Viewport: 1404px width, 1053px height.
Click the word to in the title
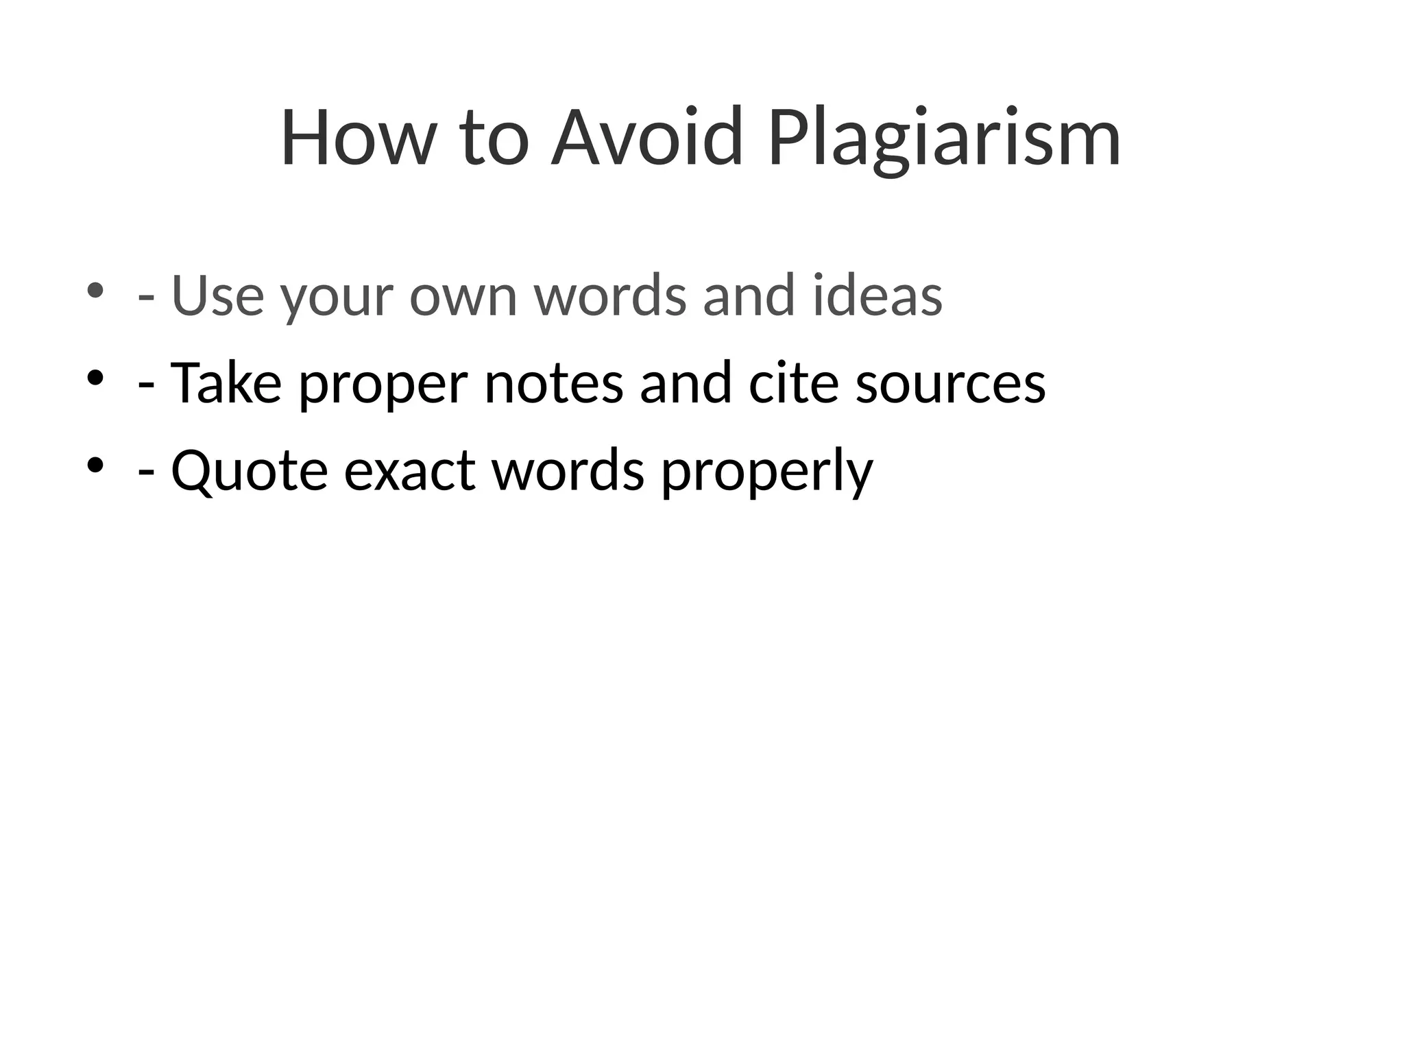pos(494,139)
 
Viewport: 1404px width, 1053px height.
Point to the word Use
pos(217,295)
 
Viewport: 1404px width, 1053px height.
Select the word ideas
pos(877,295)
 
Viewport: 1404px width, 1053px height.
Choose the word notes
pos(554,384)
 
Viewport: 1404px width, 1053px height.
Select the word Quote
pos(250,472)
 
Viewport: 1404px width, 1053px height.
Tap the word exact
pos(409,472)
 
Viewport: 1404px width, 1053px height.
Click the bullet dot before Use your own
pos(95,290)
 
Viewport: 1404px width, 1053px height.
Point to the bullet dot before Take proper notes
pos(95,378)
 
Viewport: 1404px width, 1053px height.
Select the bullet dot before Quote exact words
pos(95,465)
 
